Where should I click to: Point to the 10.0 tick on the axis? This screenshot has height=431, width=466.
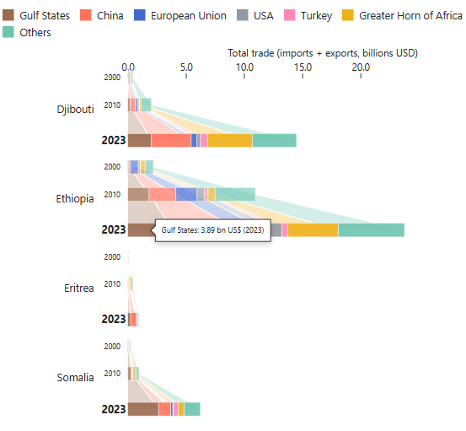[x=244, y=67]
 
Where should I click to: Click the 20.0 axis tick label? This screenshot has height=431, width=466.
[x=360, y=67]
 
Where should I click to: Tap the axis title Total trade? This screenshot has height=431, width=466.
[x=323, y=52]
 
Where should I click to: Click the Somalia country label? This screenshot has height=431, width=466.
[x=75, y=377]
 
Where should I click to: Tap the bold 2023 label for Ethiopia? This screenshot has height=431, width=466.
[x=113, y=229]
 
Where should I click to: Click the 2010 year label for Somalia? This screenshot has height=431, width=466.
[x=112, y=374]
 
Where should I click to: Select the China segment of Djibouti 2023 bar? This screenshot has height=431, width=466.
[x=171, y=140]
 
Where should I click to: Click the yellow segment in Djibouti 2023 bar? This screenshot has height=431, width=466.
[x=229, y=140]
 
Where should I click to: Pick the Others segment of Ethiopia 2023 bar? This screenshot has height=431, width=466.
[x=371, y=229]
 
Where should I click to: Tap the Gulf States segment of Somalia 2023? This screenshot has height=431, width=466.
[x=142, y=408]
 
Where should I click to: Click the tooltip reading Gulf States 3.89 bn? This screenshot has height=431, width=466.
[x=212, y=229]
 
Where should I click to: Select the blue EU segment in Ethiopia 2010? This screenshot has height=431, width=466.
[x=186, y=194]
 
